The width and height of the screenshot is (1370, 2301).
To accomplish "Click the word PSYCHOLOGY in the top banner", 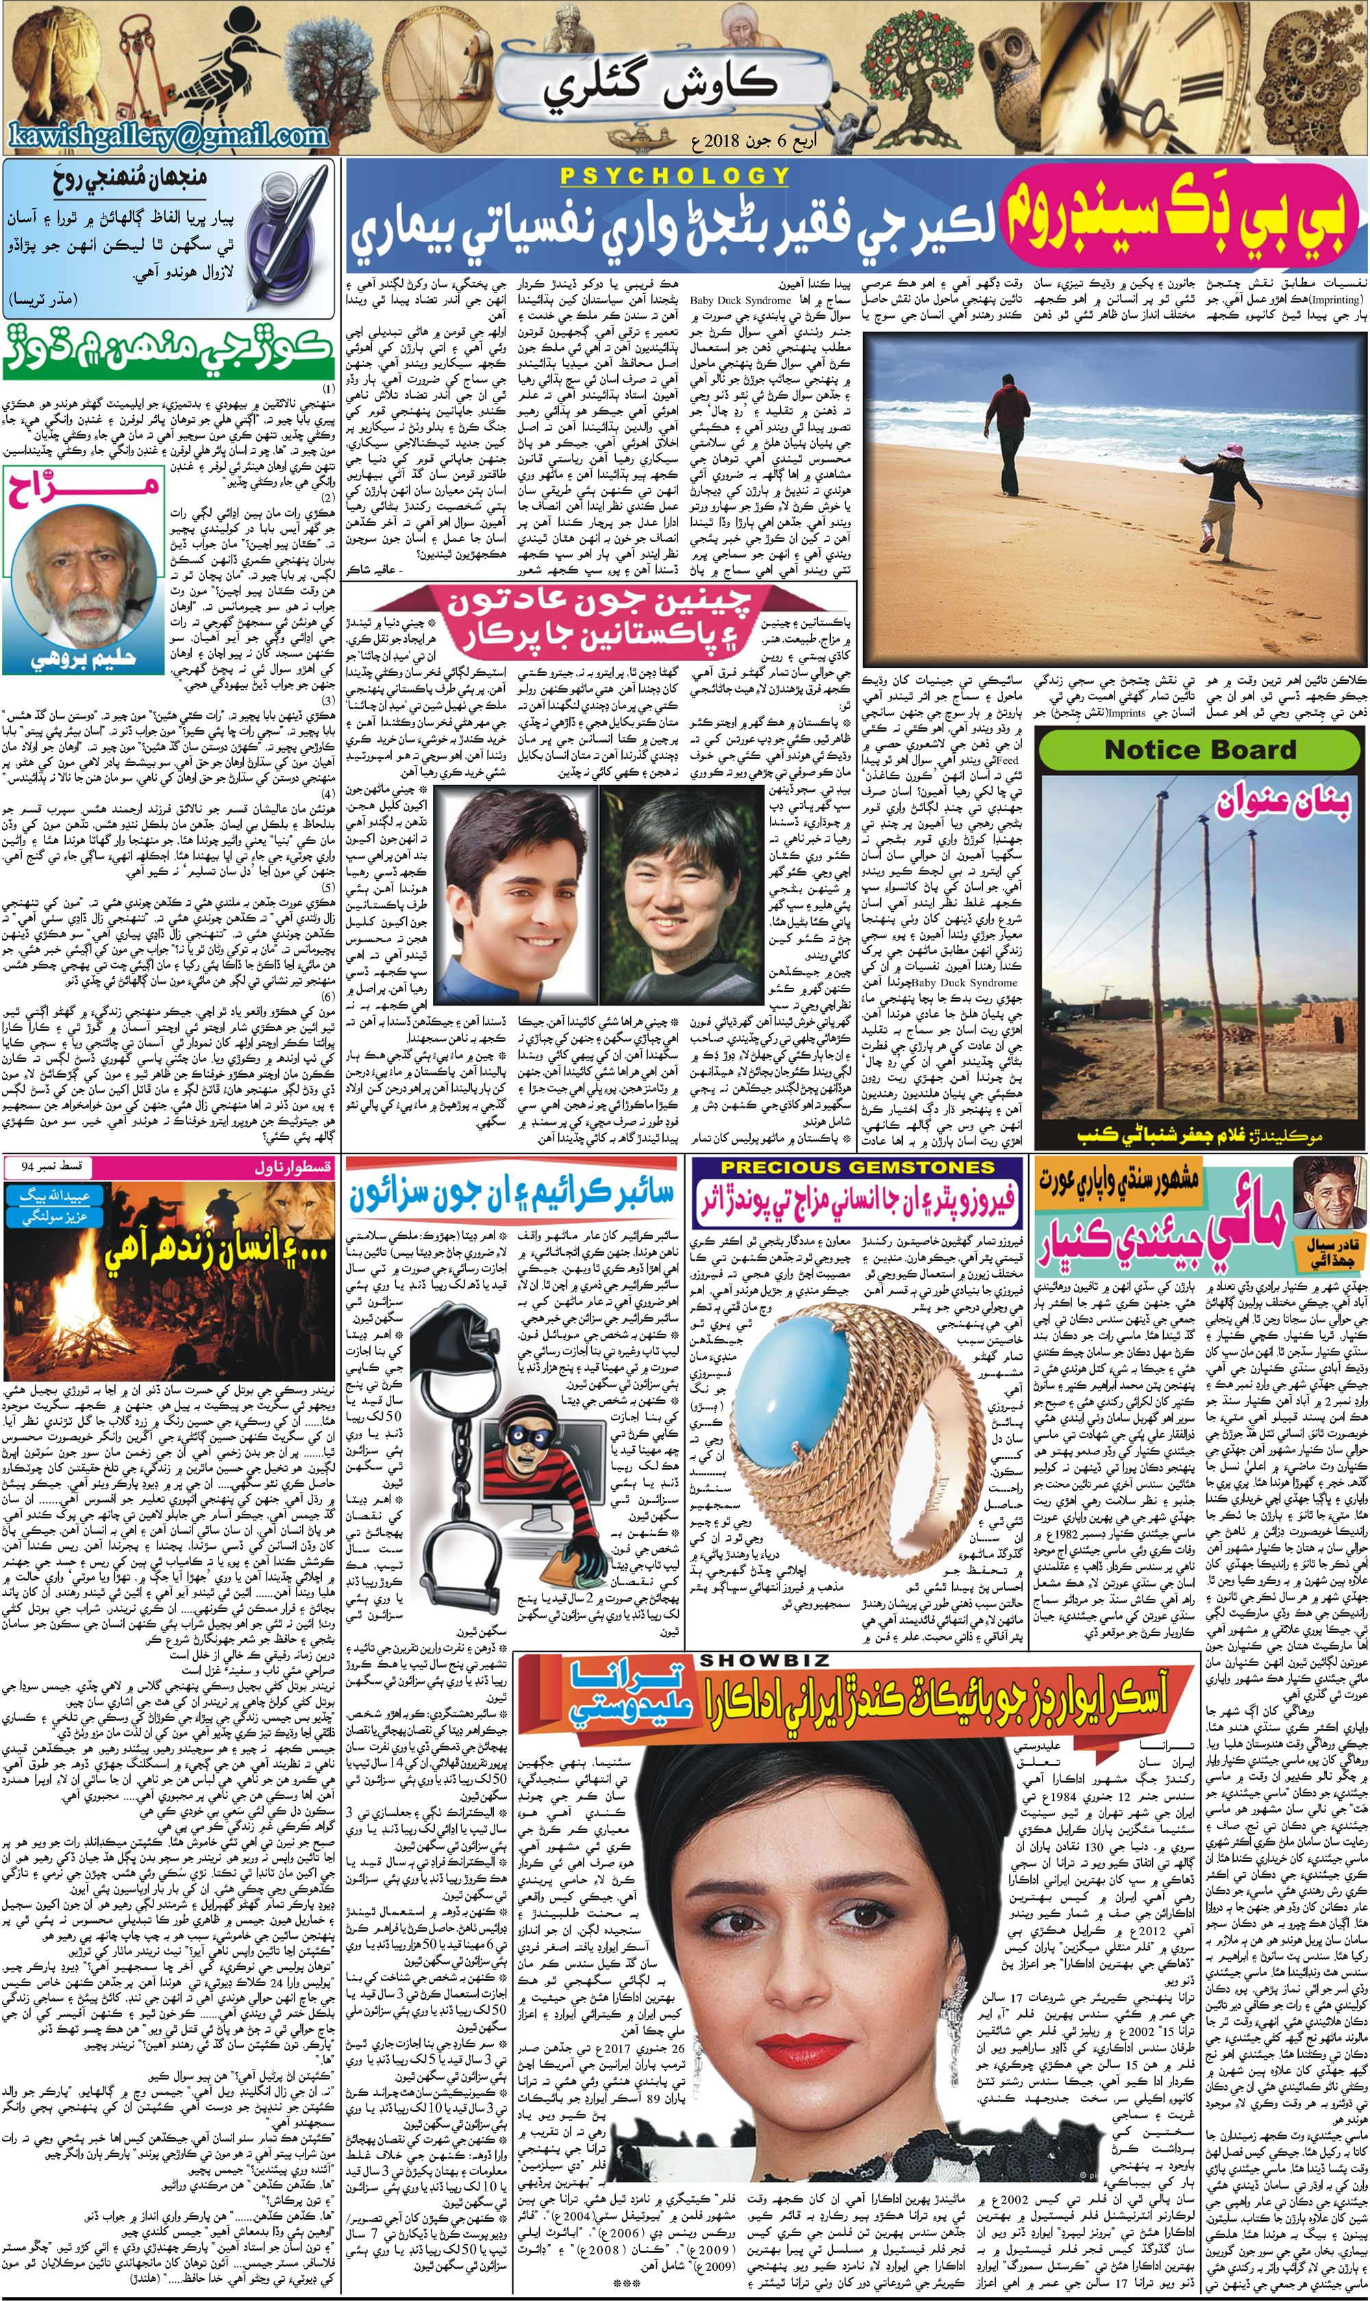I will click(674, 175).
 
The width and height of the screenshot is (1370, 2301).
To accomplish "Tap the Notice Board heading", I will click(1200, 749).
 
